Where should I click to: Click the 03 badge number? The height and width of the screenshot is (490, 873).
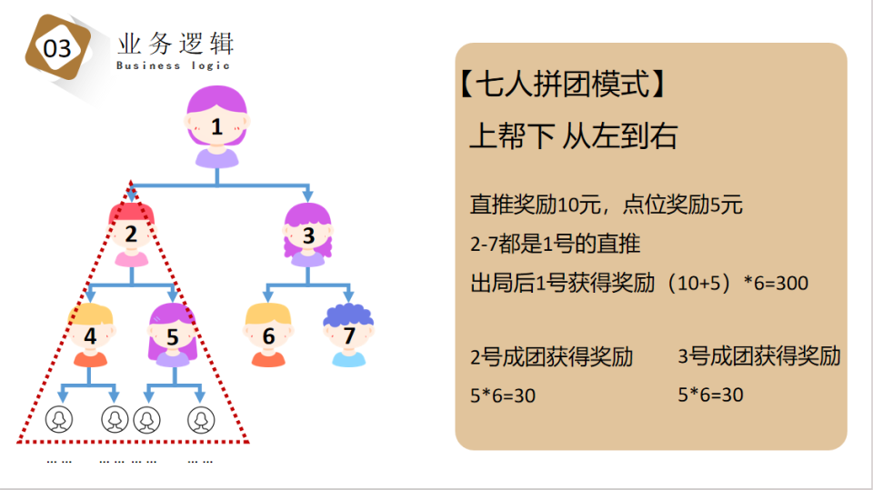(57, 48)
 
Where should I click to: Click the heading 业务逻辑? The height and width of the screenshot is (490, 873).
(176, 43)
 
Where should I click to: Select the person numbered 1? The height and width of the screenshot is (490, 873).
(216, 126)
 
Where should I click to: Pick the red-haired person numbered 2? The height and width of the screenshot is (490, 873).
(132, 235)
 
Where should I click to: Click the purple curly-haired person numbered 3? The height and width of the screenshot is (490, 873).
(308, 235)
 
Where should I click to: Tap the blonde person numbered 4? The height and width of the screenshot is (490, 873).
(90, 335)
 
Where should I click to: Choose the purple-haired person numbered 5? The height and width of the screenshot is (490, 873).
(173, 335)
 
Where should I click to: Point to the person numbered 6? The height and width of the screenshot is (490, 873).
(268, 335)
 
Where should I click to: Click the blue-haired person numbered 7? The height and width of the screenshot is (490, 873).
(348, 335)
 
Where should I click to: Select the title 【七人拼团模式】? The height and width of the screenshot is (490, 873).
(564, 86)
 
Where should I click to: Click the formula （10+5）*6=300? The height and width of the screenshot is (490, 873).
(737, 284)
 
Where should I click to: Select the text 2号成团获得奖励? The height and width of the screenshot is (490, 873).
(551, 356)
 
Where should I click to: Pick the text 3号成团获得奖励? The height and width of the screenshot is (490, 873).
(759, 356)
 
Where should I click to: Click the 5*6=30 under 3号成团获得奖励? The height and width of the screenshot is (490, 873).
(711, 395)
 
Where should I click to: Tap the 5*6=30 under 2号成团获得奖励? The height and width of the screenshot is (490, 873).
(503, 396)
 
